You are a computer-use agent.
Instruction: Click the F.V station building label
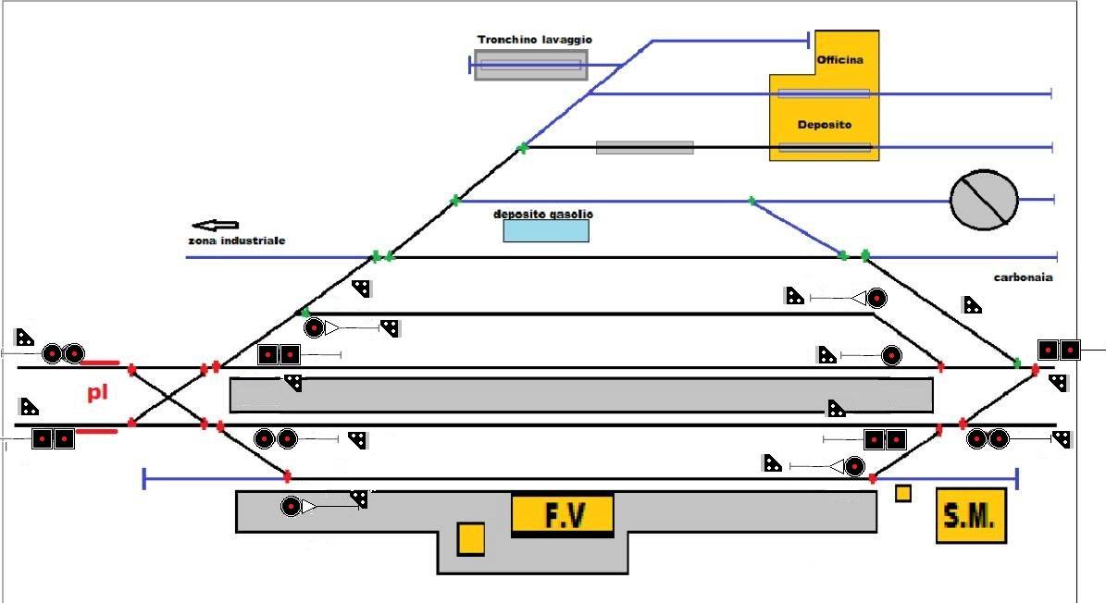563,514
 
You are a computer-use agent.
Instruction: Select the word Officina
839,60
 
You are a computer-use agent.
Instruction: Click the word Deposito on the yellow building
824,124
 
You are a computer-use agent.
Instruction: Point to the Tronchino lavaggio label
534,40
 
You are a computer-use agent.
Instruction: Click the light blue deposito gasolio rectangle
546,230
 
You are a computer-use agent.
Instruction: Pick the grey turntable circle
984,199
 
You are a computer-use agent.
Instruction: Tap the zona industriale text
236,240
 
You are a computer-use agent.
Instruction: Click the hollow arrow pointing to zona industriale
215,225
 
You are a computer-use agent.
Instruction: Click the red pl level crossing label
98,393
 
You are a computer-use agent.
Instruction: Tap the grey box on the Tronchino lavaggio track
531,65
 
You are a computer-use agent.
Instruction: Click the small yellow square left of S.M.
903,494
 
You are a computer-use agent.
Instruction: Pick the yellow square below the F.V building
471,538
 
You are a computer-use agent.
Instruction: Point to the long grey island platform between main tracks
580,395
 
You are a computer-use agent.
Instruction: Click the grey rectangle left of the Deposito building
644,147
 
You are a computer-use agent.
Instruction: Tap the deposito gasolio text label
543,214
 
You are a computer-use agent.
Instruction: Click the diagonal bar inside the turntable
983,199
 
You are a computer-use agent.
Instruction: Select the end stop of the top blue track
810,40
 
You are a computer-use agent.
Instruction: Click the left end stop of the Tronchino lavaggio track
470,65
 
